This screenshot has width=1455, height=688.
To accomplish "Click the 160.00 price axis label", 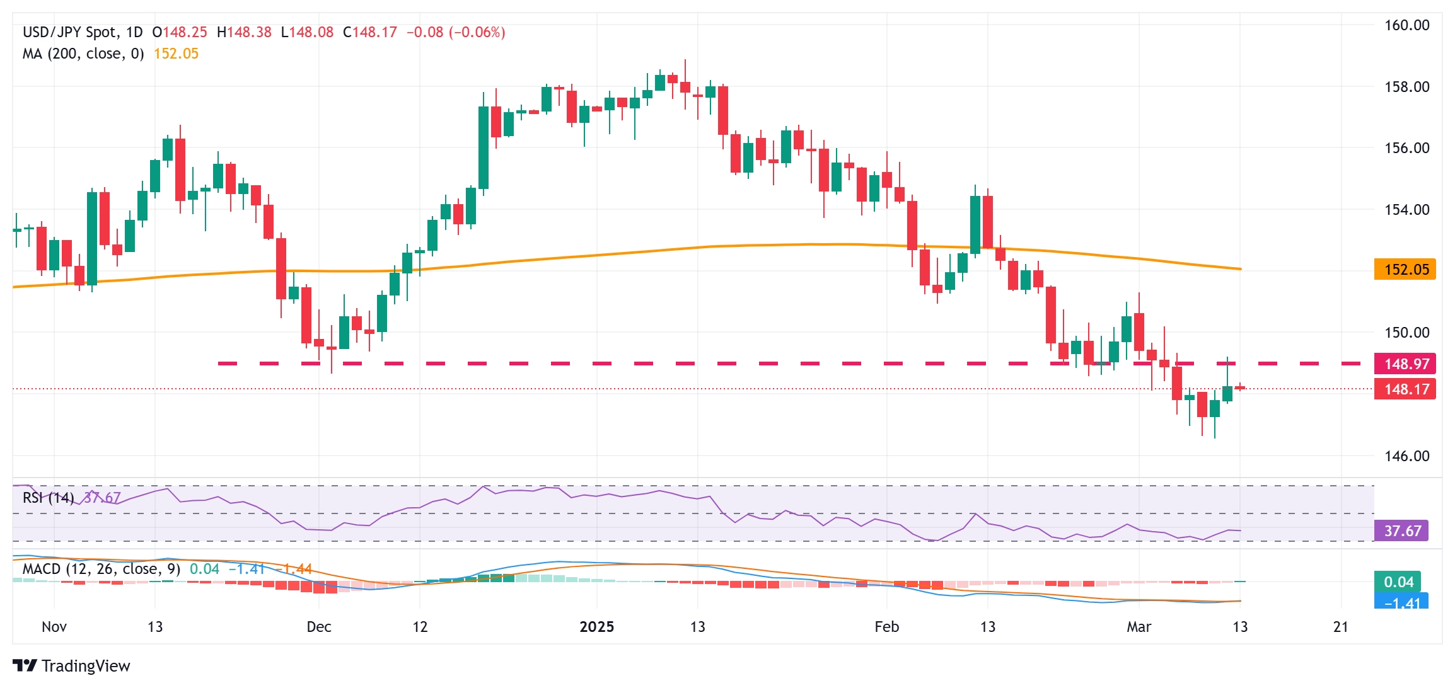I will (x=1406, y=25).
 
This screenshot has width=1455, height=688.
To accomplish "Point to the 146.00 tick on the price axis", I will (x=1406, y=456).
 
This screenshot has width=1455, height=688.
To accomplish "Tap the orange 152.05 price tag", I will (x=1405, y=270).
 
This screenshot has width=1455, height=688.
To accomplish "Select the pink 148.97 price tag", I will (x=1406, y=364).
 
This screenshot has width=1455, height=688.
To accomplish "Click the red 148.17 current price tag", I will (x=1406, y=389).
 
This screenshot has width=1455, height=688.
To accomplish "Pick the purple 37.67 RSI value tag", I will (x=1401, y=530).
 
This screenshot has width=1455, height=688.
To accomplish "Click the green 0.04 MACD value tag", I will (x=1398, y=582).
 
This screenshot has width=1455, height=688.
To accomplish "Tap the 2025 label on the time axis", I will (x=596, y=627).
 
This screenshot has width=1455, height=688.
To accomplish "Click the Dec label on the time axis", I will (x=318, y=627).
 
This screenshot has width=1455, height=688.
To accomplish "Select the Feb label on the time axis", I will (x=886, y=627).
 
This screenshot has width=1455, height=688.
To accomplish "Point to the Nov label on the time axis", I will (x=54, y=627).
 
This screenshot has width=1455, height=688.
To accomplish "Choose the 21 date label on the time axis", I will (x=1341, y=627).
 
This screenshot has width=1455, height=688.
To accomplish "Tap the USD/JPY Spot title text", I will (x=69, y=32).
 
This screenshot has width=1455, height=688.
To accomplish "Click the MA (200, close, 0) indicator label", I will (x=83, y=54).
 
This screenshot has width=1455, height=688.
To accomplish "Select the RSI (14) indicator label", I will (x=48, y=498).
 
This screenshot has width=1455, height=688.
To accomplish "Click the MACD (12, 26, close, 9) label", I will (x=101, y=569).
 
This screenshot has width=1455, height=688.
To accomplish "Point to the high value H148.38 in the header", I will (x=243, y=32).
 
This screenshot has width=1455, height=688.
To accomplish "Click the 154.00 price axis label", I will (x=1406, y=209).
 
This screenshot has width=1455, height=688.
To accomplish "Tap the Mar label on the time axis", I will (x=1139, y=627).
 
